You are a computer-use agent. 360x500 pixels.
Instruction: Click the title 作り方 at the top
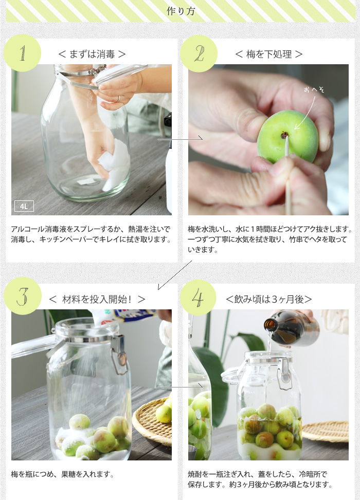tap(181, 11)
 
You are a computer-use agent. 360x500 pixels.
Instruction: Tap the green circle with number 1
tap(22, 53)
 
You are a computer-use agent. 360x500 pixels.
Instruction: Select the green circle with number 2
tap(199, 53)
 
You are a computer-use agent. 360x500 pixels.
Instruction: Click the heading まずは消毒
tap(92, 54)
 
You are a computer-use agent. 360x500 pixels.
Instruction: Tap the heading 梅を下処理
tap(269, 54)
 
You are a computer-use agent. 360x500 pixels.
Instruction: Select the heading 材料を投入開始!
tap(97, 300)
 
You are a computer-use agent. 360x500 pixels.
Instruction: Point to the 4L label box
tap(24, 206)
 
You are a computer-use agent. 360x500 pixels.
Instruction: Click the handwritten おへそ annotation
tap(314, 90)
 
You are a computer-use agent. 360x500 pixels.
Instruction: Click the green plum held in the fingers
tap(287, 136)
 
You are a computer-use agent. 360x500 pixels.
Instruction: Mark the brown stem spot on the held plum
tap(284, 136)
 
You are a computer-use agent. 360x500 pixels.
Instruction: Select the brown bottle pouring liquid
tap(292, 328)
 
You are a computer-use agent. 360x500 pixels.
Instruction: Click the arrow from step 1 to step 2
tap(180, 138)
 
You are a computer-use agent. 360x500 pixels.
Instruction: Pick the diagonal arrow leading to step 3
tap(175, 275)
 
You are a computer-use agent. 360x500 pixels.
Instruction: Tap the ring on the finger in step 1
tap(119, 99)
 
